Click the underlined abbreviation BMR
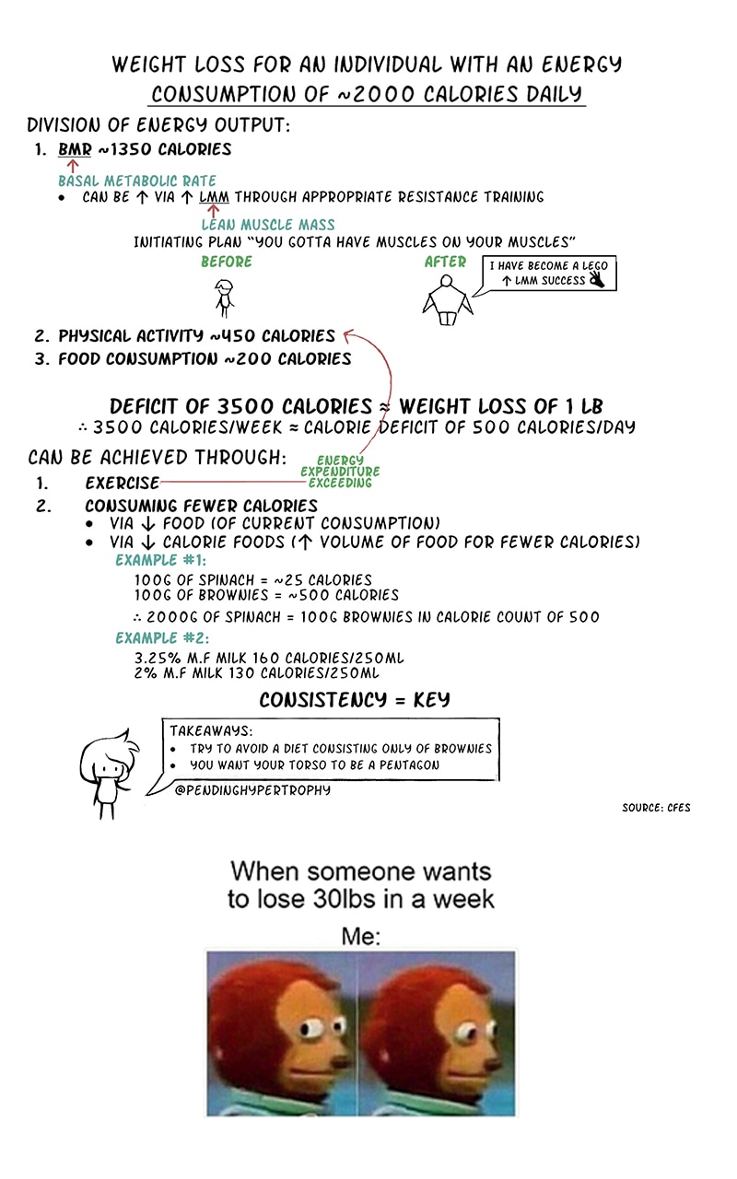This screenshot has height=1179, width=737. click(x=75, y=149)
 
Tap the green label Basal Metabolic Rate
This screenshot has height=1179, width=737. click(x=137, y=181)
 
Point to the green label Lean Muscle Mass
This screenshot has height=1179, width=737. click(x=268, y=225)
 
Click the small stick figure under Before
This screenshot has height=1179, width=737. click(x=224, y=298)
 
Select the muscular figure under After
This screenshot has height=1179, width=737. click(x=447, y=300)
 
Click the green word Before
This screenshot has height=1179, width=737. click(x=227, y=262)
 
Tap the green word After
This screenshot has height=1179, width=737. click(x=445, y=263)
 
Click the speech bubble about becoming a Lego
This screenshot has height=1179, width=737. click(x=549, y=274)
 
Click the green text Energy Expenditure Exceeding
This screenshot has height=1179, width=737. click(x=340, y=472)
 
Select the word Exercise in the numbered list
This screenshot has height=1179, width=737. click(x=122, y=483)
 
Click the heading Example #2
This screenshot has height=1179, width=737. click(x=162, y=638)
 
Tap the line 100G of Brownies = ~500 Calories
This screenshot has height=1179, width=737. click(x=266, y=595)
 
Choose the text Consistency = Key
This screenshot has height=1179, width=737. click(x=355, y=700)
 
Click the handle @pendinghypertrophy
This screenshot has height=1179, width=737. click(x=252, y=790)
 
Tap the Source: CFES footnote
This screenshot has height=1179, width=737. click(x=656, y=808)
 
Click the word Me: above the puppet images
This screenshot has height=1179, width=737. click(x=361, y=937)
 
